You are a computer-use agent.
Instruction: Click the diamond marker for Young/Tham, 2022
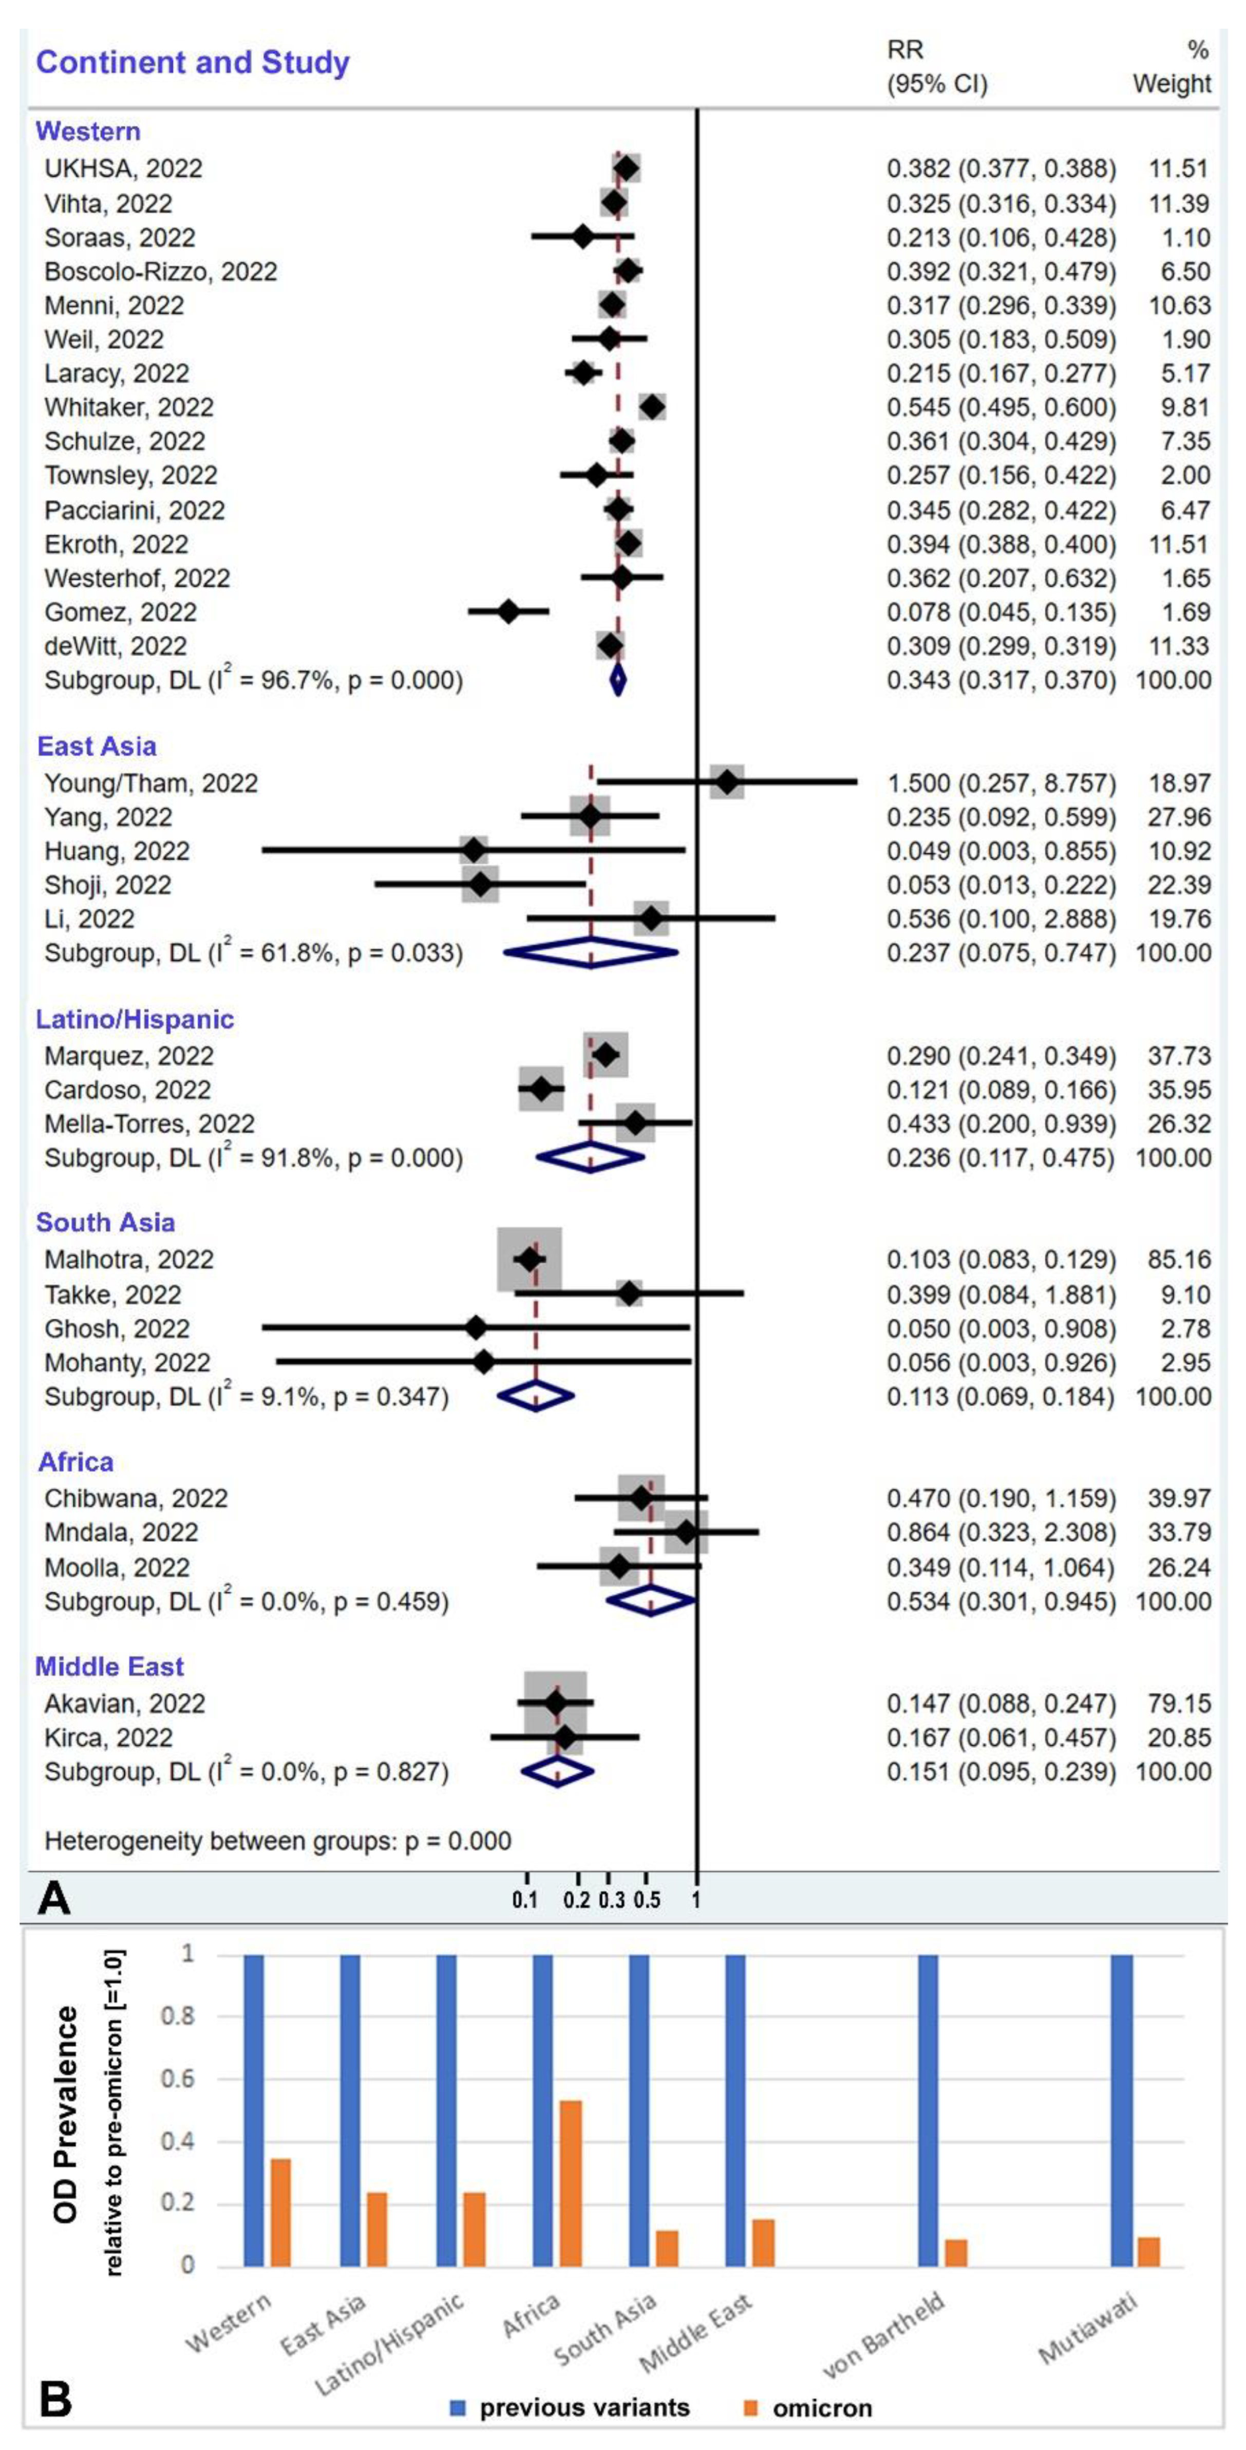click(727, 783)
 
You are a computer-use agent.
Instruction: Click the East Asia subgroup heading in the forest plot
click(96, 746)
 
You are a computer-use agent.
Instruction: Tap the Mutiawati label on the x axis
click(1088, 2325)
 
